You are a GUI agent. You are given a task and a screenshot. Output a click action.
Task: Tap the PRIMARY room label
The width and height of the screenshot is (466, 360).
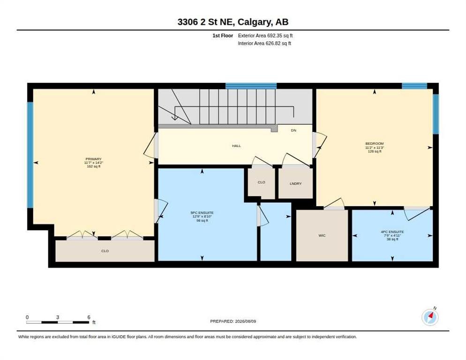point(94,159)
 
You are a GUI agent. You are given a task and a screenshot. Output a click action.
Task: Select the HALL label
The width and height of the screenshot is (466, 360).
point(237,146)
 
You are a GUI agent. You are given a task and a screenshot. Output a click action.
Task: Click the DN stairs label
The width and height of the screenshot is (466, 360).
point(293,130)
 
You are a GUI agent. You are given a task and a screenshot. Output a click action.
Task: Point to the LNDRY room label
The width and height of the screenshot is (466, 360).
point(296,184)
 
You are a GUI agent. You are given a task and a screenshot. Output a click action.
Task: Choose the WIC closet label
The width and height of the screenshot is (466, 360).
point(322,235)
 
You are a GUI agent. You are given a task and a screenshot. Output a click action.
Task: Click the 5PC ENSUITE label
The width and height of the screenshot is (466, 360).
point(202,213)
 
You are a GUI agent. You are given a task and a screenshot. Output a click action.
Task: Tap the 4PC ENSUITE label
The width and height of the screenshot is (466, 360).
point(392,232)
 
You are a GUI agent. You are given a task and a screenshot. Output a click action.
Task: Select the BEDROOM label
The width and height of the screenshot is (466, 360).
point(375,143)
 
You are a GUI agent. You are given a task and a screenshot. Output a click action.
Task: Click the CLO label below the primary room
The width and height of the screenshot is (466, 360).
point(105,251)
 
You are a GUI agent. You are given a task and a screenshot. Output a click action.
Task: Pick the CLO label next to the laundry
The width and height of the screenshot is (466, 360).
point(262,182)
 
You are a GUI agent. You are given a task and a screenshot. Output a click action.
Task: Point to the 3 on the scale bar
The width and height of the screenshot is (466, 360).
point(58,317)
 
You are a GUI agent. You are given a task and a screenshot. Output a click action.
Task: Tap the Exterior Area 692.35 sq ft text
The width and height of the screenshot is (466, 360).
point(265,36)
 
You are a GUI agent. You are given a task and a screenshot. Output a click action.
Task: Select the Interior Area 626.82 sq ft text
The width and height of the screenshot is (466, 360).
point(264,44)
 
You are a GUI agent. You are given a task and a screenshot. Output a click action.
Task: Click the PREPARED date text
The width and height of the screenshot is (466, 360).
point(233,322)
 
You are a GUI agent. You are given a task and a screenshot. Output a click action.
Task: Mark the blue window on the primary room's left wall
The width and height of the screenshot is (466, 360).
point(30,155)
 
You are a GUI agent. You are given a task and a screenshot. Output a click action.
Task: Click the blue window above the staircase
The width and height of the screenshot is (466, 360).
point(251,86)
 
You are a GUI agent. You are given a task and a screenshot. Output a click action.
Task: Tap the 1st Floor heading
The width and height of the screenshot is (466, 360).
point(223,36)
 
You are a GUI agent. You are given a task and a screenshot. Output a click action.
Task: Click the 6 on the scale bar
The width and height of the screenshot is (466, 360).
point(89,317)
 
